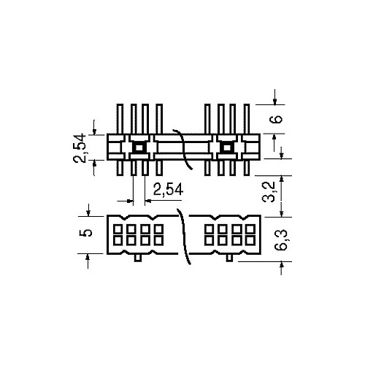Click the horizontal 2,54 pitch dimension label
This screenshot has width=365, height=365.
pos(164,191)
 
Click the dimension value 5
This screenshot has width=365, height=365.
pos(85,233)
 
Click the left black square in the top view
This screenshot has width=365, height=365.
pos(137,147)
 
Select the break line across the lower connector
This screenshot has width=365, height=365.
pos(184,235)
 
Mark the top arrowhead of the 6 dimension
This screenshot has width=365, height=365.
pos(274,101)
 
